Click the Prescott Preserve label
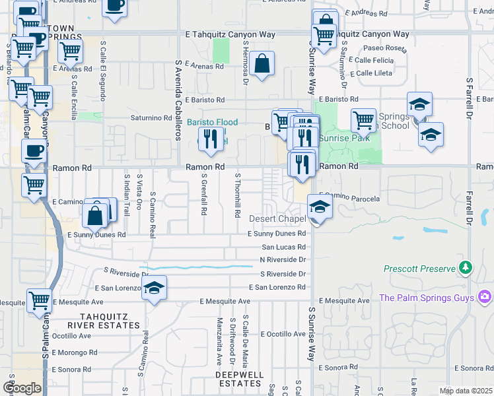(x=420, y=269)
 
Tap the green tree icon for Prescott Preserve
(x=466, y=267)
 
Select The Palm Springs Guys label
(x=427, y=298)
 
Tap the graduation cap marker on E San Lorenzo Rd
(x=154, y=288)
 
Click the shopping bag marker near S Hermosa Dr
(x=262, y=65)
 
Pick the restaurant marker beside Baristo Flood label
(x=210, y=139)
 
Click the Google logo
(x=22, y=389)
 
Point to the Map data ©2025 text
(x=466, y=391)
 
